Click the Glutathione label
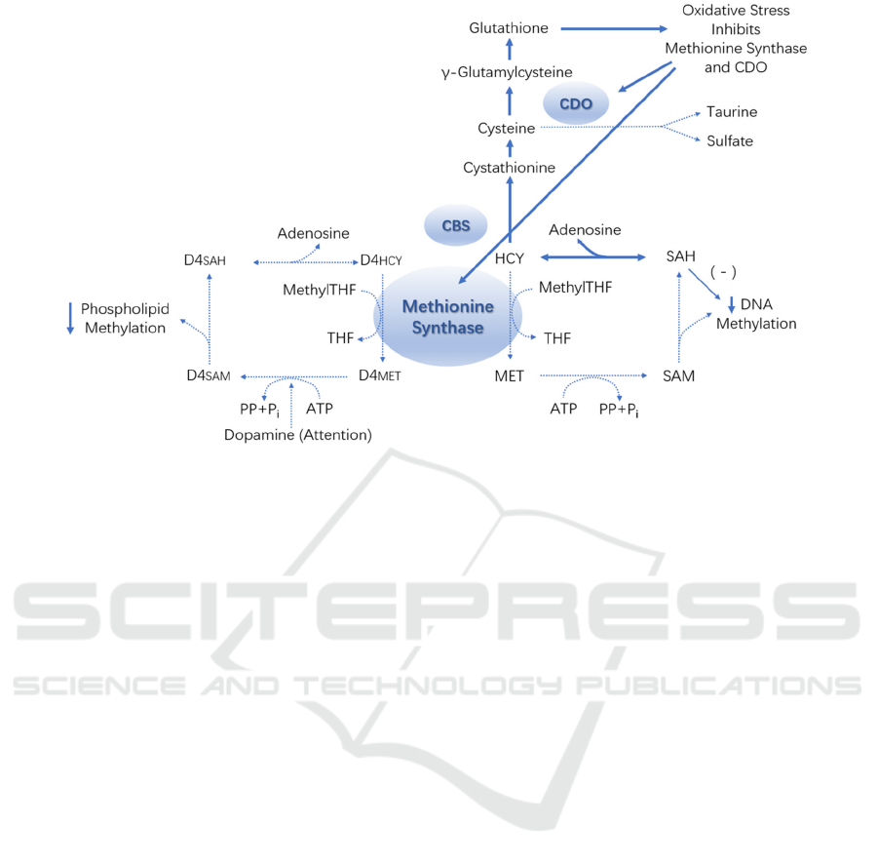point(508,28)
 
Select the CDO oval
point(575,101)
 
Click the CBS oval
point(455,226)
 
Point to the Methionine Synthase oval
point(449,317)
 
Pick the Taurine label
point(732,112)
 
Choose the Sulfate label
point(730,141)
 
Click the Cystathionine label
point(510,168)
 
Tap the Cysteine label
point(507,129)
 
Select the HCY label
point(510,258)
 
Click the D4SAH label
point(207,259)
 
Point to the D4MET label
point(380,375)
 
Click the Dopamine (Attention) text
point(297,435)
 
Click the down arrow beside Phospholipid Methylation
point(70,318)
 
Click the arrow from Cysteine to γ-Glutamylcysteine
point(508,100)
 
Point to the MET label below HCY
point(510,375)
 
